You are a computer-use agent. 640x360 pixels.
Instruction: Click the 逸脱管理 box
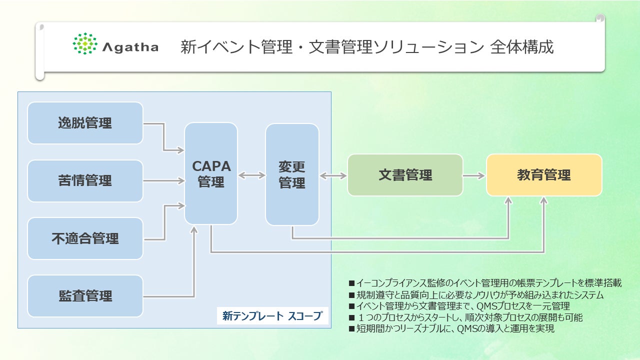coord(85,123)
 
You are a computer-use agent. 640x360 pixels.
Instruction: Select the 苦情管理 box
coord(85,180)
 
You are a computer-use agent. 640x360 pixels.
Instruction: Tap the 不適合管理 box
coord(85,238)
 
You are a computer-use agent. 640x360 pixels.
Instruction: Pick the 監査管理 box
coord(85,296)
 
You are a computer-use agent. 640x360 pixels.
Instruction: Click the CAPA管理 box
coord(211,173)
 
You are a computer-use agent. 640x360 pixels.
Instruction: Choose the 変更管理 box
coord(292,174)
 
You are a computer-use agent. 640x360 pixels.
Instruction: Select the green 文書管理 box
coord(405,175)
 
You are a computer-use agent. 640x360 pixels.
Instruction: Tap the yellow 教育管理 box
coord(544,175)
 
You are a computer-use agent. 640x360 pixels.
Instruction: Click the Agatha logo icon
coord(85,43)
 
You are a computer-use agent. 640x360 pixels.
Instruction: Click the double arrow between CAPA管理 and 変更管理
coord(251,175)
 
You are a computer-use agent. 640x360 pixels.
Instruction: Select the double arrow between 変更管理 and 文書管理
coord(333,175)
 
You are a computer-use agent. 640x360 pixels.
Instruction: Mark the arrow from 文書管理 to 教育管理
coord(474,175)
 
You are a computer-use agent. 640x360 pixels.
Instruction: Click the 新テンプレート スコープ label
coord(272,316)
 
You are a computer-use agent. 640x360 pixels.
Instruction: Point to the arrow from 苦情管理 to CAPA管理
coord(164,180)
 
